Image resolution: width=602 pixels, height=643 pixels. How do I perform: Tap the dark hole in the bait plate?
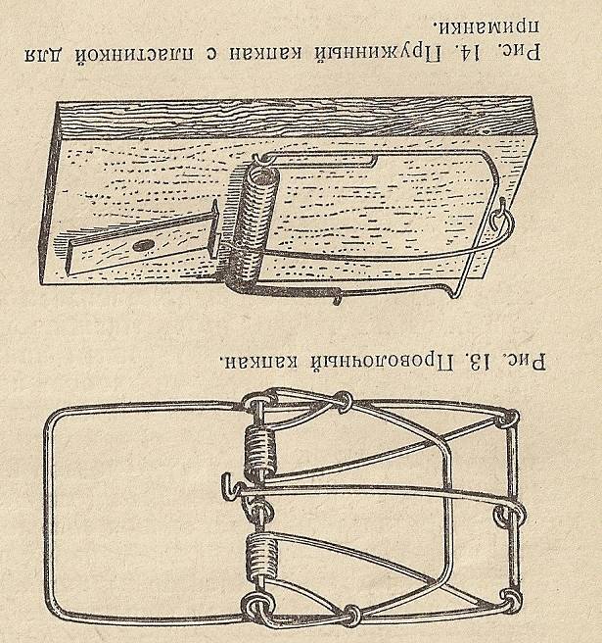point(144,242)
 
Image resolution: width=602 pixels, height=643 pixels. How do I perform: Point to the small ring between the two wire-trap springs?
point(258,508)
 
